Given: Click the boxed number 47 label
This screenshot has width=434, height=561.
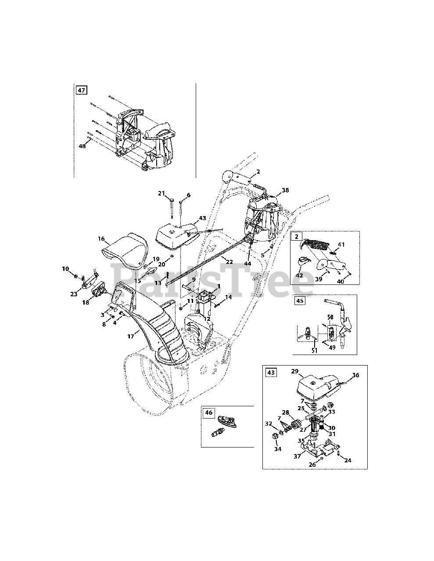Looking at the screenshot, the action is tap(82, 90).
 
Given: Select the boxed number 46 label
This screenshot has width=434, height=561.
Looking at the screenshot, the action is tap(208, 412).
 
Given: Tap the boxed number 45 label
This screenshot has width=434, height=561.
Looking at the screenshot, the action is tap(300, 301).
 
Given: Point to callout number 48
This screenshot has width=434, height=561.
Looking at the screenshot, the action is tap(82, 146).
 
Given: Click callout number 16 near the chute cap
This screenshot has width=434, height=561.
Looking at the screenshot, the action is tap(101, 238).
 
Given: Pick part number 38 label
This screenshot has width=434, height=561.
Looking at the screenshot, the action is tap(285, 190).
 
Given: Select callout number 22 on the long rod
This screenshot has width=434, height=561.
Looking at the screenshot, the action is tap(229, 262).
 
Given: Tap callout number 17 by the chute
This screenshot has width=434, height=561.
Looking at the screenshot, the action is tap(131, 337).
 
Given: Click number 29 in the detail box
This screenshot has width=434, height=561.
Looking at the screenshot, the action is tap(295, 371).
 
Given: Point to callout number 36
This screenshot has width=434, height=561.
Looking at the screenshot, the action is tap(356, 375).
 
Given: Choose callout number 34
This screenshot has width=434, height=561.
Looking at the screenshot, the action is tap(278, 449).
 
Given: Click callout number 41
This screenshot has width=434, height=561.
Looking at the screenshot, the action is tap(341, 244).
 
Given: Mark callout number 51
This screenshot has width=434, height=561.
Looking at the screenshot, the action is tap(314, 350).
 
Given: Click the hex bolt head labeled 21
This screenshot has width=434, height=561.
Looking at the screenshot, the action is tap(172, 200).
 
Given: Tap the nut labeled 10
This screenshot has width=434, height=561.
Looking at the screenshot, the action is tap(76, 277).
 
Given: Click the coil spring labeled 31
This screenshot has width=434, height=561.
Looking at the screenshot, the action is tap(322, 427).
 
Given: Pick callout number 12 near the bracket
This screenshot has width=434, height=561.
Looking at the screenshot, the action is tap(207, 319).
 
